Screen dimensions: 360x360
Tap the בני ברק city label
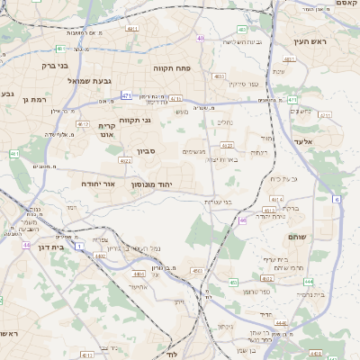click(37, 66)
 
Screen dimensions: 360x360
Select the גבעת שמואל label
click(89, 81)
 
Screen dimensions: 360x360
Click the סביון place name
click(147, 151)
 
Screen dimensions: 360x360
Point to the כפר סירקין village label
click(243, 84)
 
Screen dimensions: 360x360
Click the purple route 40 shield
click(200, 39)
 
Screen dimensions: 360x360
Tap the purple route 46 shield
click(243, 220)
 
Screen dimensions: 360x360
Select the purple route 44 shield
click(27, 244)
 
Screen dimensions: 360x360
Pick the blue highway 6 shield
click(337, 200)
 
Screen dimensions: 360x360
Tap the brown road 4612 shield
click(227, 145)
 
